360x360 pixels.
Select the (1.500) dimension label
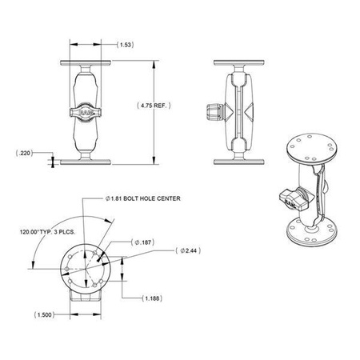pos(46,315)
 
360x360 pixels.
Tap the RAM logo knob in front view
pos(86,113)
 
